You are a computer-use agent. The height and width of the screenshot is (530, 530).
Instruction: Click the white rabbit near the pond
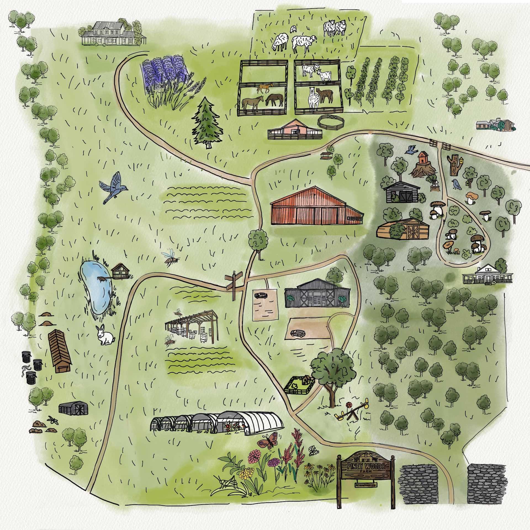point(105,335)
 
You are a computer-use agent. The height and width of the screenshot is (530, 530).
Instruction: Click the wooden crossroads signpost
point(234,284)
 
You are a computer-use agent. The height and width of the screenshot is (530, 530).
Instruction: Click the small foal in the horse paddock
point(265,88)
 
